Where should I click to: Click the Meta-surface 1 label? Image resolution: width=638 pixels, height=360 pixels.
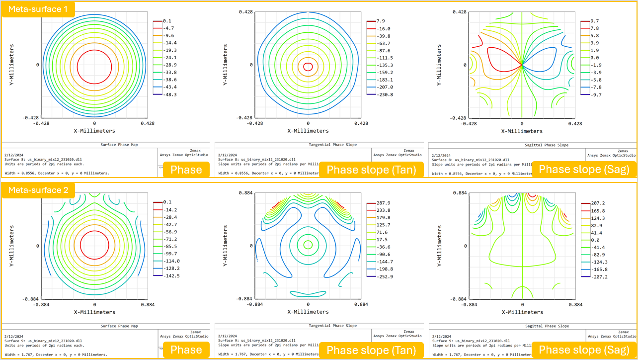click(38, 9)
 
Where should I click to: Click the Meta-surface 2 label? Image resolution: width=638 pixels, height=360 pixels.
click(38, 190)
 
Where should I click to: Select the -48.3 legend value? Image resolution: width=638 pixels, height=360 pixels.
click(170, 94)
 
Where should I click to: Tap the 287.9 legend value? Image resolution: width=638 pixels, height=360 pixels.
click(383, 203)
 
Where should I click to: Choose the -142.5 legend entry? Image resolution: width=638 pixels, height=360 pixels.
click(172, 275)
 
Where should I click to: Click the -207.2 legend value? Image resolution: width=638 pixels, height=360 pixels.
click(597, 276)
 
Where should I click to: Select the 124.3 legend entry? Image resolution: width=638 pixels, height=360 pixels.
click(597, 218)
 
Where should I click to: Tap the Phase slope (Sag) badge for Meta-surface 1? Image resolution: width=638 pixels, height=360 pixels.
click(583, 169)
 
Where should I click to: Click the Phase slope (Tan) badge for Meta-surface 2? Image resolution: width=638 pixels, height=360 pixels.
click(371, 350)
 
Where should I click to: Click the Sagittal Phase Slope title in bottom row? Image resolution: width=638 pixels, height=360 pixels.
click(532, 326)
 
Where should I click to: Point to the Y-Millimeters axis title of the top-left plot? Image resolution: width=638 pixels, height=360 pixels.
click(11, 65)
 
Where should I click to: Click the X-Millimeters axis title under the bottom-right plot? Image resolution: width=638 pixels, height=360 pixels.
click(522, 312)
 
